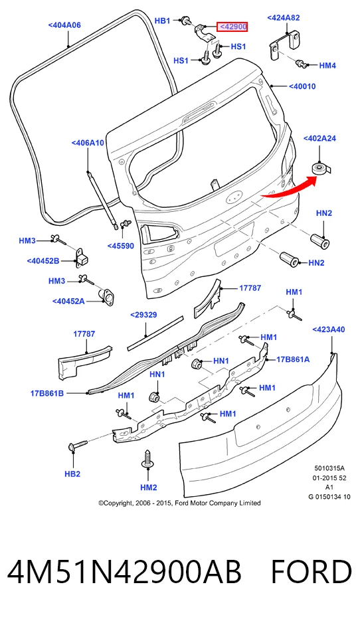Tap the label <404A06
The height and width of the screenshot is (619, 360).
(64, 25)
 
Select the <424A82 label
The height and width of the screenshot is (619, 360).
(284, 18)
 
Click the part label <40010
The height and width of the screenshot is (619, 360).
(302, 86)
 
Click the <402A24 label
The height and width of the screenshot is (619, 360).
(319, 139)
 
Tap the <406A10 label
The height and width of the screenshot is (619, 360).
(88, 143)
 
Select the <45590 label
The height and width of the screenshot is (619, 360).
(121, 246)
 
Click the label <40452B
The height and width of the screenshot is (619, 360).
(43, 260)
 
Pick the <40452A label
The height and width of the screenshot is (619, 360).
(68, 302)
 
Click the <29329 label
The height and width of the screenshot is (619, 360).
(143, 315)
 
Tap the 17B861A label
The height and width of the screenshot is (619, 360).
(293, 359)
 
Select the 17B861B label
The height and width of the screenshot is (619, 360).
(47, 393)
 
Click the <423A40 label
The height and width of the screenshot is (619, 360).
(329, 329)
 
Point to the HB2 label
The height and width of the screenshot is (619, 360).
(72, 474)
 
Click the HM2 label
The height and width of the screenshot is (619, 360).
(148, 487)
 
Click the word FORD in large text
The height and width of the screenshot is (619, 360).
(311, 572)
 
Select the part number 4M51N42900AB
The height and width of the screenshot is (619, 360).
(124, 572)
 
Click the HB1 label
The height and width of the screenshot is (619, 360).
(162, 21)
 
